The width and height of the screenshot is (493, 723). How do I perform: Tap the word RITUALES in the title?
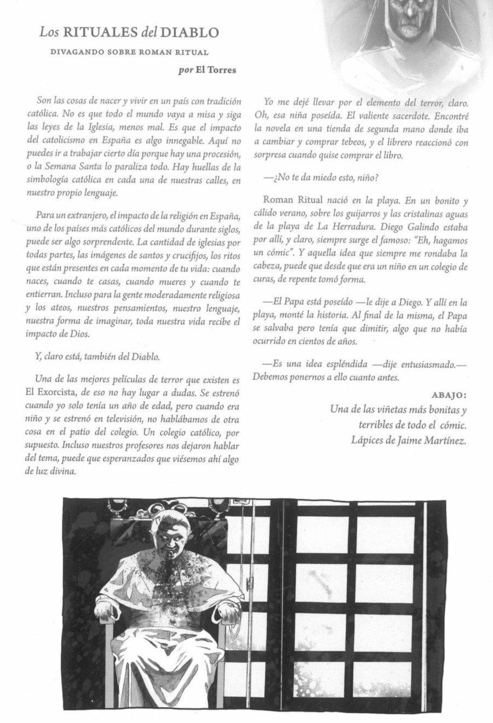(99, 33)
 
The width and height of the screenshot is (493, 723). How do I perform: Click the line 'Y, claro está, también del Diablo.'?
(97, 357)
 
